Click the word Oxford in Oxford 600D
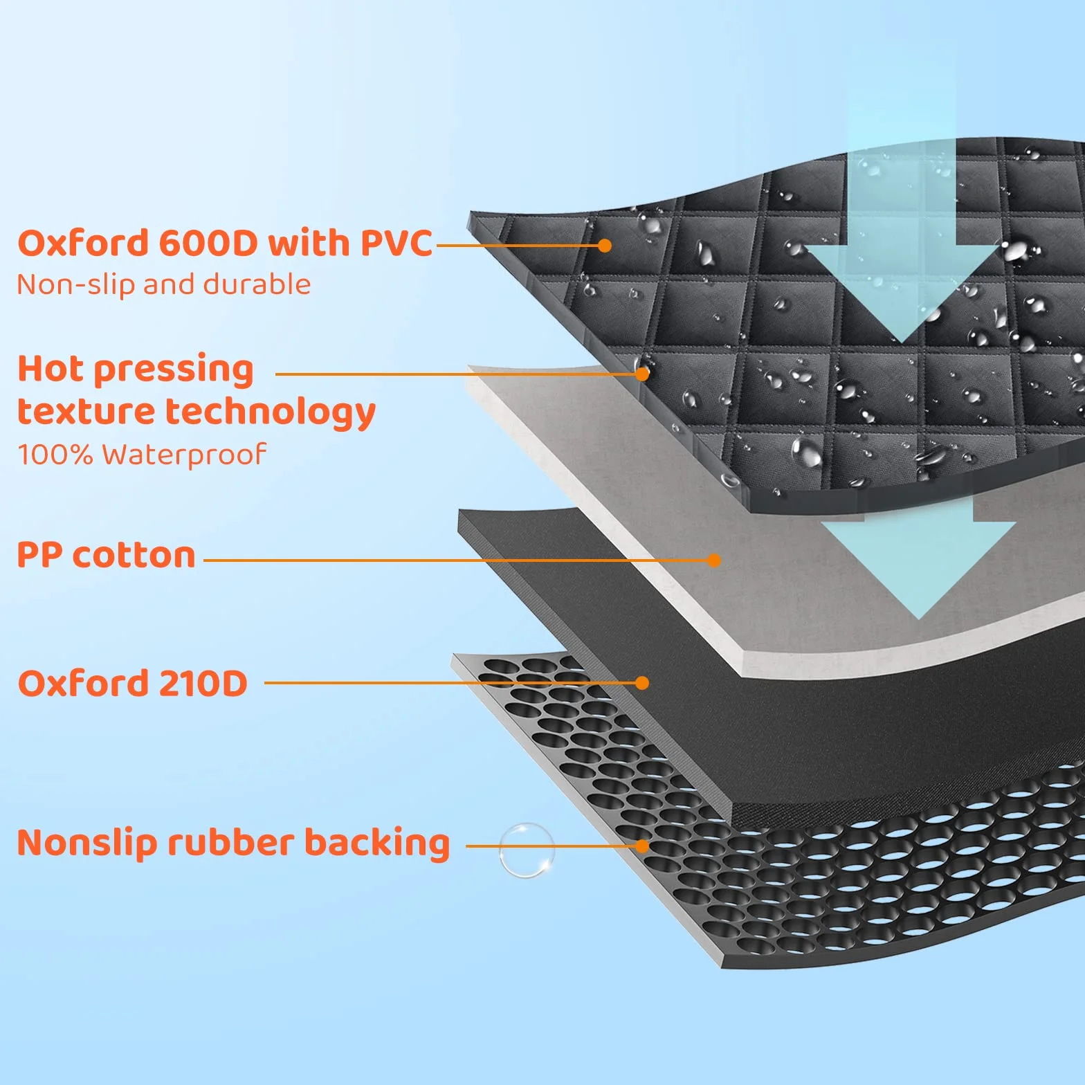pyautogui.click(x=83, y=243)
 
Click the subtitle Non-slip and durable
pyautogui.click(x=164, y=284)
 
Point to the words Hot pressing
pyautogui.click(x=136, y=370)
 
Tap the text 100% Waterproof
pyautogui.click(x=142, y=455)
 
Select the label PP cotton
pyautogui.click(x=107, y=555)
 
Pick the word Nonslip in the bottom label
pyautogui.click(x=86, y=843)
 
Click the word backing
pyautogui.click(x=377, y=843)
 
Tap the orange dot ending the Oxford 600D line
pyautogui.click(x=604, y=246)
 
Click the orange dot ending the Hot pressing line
pyautogui.click(x=642, y=374)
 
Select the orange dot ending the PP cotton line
pyautogui.click(x=714, y=560)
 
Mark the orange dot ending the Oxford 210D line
pyautogui.click(x=642, y=683)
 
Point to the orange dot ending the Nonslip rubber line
pyautogui.click(x=642, y=846)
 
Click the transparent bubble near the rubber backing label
pyautogui.click(x=527, y=850)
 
